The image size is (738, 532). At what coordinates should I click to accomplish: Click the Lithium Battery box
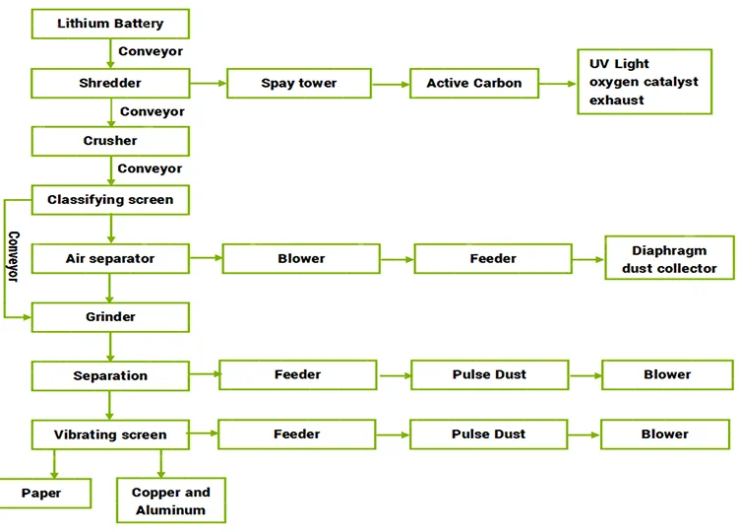tap(110, 24)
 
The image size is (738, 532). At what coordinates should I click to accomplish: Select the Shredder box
tap(110, 83)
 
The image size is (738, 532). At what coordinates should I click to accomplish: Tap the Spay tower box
tap(299, 84)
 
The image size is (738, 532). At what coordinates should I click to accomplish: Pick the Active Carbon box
tap(474, 84)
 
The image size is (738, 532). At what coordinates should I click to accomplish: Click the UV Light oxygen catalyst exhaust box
tap(645, 82)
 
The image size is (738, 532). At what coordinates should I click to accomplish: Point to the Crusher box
tap(110, 141)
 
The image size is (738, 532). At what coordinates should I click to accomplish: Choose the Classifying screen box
tap(110, 200)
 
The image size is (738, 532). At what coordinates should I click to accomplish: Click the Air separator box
tap(110, 258)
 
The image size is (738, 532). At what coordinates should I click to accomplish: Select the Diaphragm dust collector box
tap(669, 258)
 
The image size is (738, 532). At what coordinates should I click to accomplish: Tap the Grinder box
tap(110, 317)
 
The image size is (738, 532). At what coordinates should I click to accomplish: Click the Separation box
tap(110, 375)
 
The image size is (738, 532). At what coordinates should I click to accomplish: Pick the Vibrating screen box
tap(110, 434)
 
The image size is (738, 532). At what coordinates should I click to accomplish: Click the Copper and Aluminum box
tap(171, 500)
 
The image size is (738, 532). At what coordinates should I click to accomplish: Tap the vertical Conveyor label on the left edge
tap(14, 257)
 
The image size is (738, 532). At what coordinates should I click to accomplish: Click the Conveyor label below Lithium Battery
tap(151, 51)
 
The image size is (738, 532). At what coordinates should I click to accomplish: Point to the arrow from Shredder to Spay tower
tap(208, 84)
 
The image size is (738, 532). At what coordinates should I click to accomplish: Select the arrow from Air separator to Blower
tap(207, 258)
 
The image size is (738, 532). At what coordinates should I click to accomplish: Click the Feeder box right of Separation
tap(298, 375)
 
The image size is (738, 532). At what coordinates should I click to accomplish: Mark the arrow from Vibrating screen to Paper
tap(54, 464)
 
